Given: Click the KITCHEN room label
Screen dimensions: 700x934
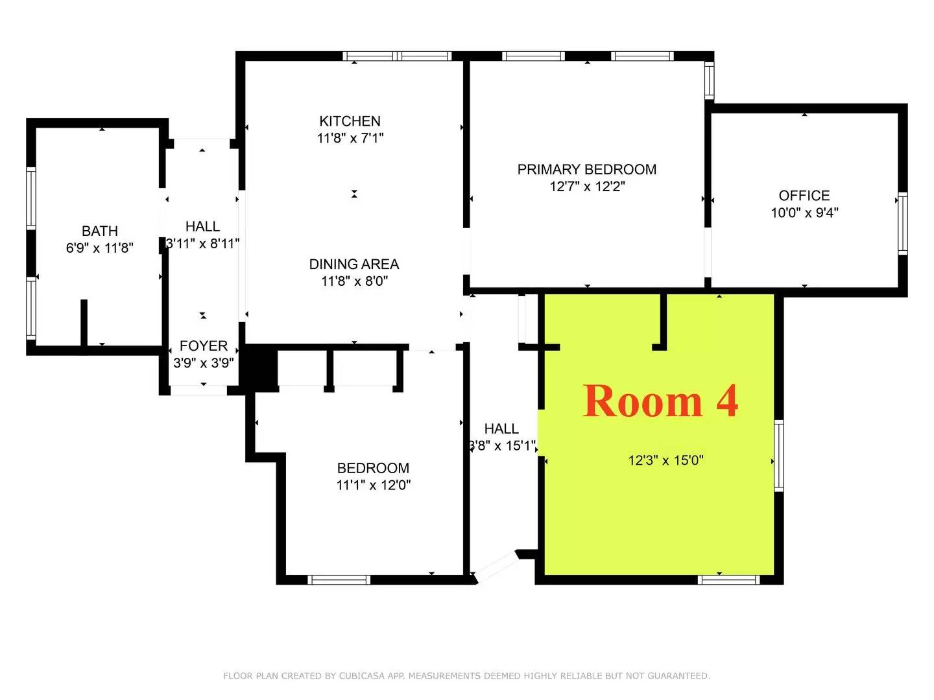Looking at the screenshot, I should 350,121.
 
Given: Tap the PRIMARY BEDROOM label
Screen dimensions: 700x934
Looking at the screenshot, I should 586,170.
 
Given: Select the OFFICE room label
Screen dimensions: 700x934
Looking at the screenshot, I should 804,196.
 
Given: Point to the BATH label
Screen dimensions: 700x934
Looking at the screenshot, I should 100,231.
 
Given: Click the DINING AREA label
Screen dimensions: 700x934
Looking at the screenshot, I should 353,264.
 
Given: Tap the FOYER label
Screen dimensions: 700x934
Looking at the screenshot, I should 203,346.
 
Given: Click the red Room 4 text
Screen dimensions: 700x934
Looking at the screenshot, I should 660,401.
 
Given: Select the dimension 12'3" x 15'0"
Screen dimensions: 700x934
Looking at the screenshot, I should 665,461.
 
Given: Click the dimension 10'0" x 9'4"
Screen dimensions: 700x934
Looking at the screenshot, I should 804,213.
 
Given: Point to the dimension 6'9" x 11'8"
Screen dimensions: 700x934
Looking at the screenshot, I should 100,248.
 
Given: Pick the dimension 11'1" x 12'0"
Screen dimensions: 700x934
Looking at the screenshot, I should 373,485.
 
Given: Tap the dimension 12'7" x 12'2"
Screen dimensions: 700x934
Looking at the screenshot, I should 587,187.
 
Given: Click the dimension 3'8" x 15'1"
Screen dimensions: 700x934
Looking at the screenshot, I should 502,446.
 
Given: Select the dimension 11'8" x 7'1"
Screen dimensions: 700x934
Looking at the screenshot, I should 350,138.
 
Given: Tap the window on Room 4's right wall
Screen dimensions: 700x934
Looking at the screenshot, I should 779,455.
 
